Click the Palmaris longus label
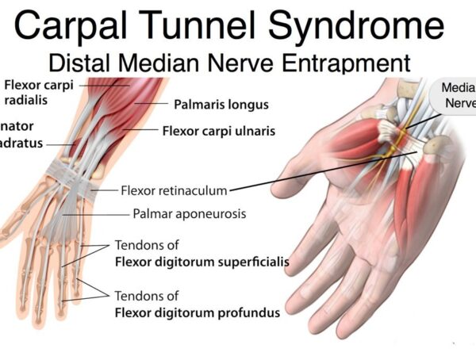(x=221, y=104)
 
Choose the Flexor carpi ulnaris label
(x=219, y=131)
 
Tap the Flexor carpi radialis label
(x=36, y=93)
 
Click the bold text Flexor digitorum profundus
(x=198, y=312)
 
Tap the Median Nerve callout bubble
(x=455, y=95)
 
